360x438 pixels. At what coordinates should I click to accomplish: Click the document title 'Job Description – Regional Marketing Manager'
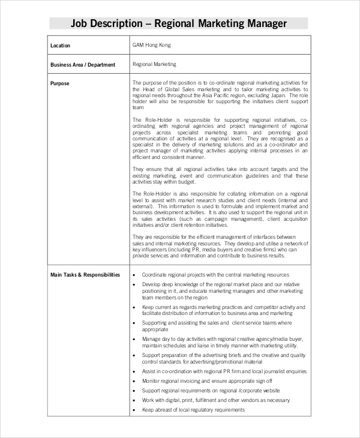pyautogui.click(x=179, y=23)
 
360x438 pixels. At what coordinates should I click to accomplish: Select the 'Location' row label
pyautogui.click(x=60, y=46)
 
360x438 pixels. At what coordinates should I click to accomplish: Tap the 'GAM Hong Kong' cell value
pyautogui.click(x=151, y=45)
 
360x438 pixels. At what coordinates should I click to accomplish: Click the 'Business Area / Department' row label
pyautogui.click(x=83, y=64)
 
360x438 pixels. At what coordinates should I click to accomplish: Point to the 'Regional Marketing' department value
pyautogui.click(x=154, y=64)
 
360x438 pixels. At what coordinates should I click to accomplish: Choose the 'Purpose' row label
pyautogui.click(x=60, y=83)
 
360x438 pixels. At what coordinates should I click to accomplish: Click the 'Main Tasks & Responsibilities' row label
pyautogui.click(x=85, y=275)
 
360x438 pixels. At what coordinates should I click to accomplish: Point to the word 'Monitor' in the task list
pyautogui.click(x=152, y=381)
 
